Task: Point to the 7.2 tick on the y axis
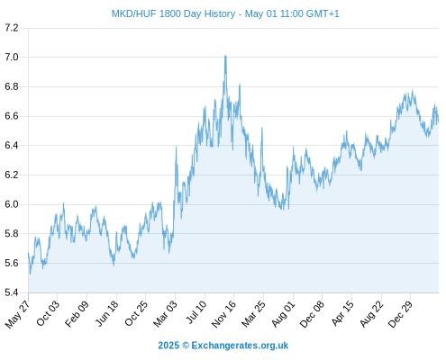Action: click(x=12, y=28)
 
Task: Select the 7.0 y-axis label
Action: click(x=12, y=57)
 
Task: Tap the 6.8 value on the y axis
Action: click(x=12, y=86)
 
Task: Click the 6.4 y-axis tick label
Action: click(x=12, y=146)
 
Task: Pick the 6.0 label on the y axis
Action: click(x=12, y=204)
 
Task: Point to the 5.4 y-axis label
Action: click(x=12, y=292)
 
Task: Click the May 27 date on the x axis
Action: click(x=17, y=314)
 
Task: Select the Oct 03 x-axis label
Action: click(x=48, y=313)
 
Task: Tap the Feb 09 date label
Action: click(x=77, y=314)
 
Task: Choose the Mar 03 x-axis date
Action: click(x=165, y=314)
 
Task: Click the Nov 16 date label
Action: click(x=223, y=314)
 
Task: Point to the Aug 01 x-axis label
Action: click(x=283, y=314)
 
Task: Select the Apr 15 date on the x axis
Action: click(x=342, y=313)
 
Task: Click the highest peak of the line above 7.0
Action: click(x=225, y=56)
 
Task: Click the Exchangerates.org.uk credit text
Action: click(x=240, y=346)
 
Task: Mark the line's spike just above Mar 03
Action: click(x=176, y=148)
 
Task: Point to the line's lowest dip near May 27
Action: click(x=30, y=274)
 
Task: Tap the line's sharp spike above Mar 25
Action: click(x=262, y=128)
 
